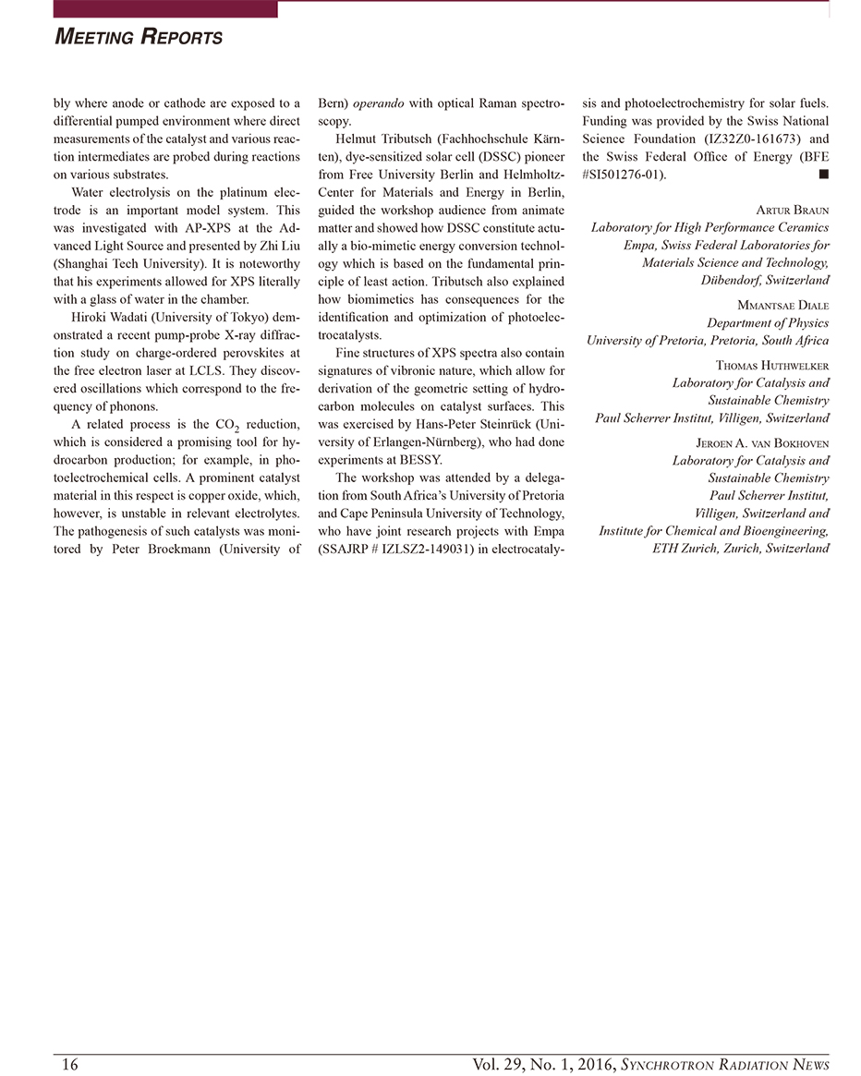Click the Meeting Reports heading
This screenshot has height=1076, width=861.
click(139, 37)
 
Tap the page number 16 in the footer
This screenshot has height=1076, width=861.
click(69, 1064)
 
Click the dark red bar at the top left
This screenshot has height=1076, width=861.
click(165, 9)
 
